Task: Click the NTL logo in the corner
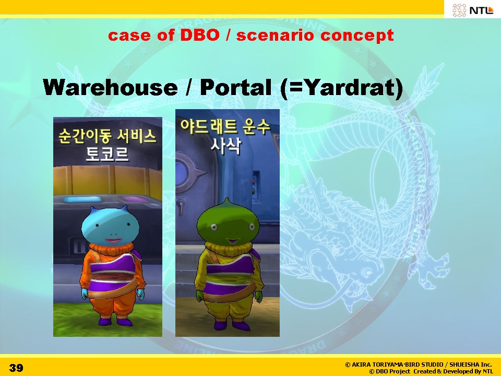473,10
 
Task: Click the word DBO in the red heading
200,35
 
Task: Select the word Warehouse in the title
110,87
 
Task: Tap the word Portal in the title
236,87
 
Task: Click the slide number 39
16,368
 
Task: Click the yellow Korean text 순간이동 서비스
108,136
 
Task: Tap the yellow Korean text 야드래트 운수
225,126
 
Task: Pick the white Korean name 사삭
225,146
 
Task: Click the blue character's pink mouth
113,240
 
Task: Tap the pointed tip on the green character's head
226,200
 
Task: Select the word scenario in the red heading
276,35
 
